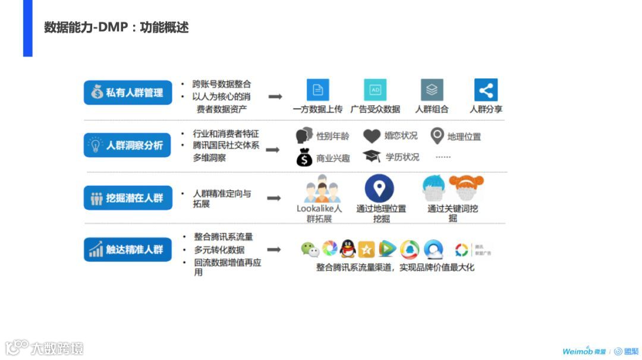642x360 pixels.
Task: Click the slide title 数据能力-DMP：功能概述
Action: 117,27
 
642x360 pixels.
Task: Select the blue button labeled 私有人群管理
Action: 128,93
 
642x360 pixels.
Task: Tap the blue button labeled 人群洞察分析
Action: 128,145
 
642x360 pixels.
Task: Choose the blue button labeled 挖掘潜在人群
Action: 128,198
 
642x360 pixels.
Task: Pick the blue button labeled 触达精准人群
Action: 128,250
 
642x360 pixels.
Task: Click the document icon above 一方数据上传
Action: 318,90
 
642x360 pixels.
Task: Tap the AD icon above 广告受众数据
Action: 375,90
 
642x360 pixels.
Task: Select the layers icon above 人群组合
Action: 432,90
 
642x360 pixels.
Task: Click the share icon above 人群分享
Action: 486,90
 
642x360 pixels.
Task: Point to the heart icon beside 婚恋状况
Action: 372,136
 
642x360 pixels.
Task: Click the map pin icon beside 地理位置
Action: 437,136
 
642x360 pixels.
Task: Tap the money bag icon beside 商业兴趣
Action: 304,157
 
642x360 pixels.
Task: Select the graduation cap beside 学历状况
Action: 372,156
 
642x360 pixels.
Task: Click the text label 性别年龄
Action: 333,136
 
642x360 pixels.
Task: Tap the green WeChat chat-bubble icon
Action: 310,250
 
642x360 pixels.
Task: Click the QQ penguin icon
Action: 348,249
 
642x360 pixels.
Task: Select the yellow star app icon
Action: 367,250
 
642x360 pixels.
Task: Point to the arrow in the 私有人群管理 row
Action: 275,96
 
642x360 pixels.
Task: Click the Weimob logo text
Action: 577,350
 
